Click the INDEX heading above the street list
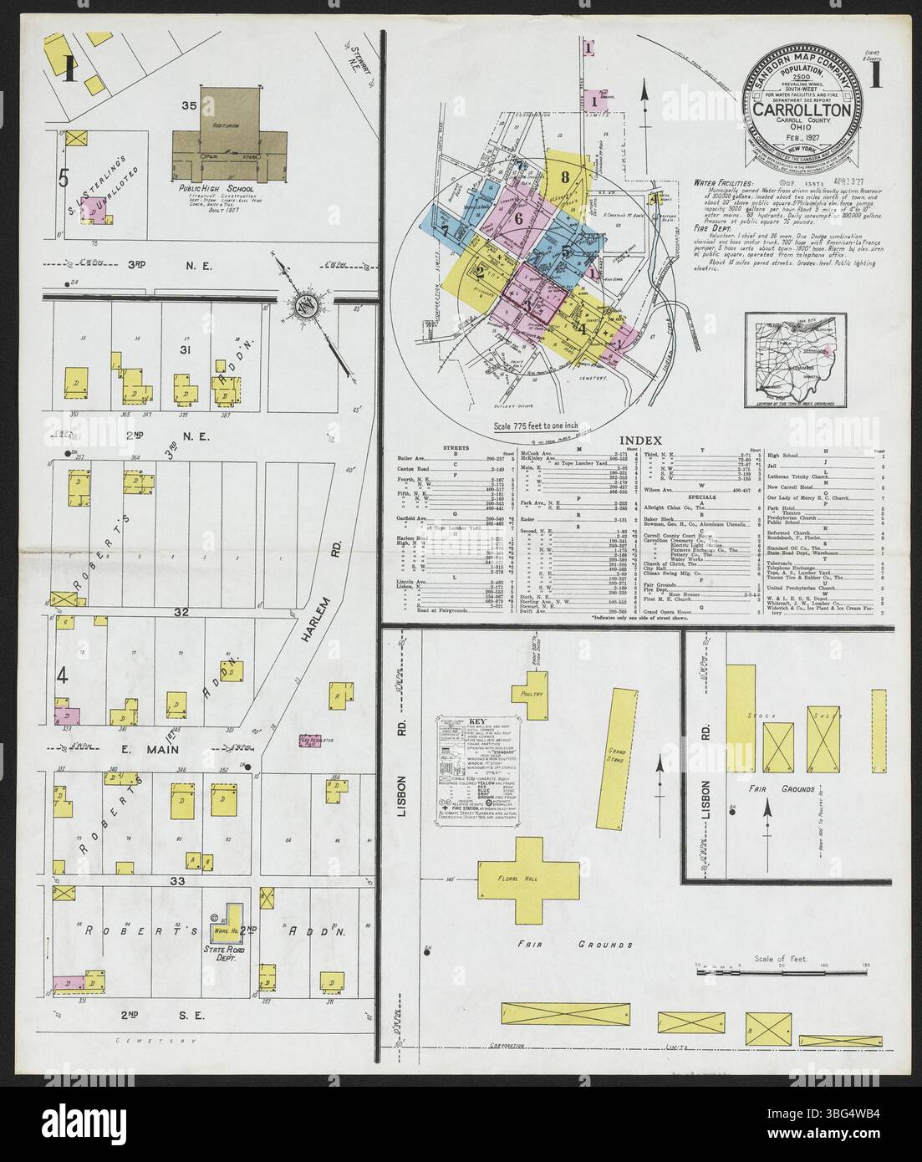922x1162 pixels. pos(640,441)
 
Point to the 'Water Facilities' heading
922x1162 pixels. pos(724,182)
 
